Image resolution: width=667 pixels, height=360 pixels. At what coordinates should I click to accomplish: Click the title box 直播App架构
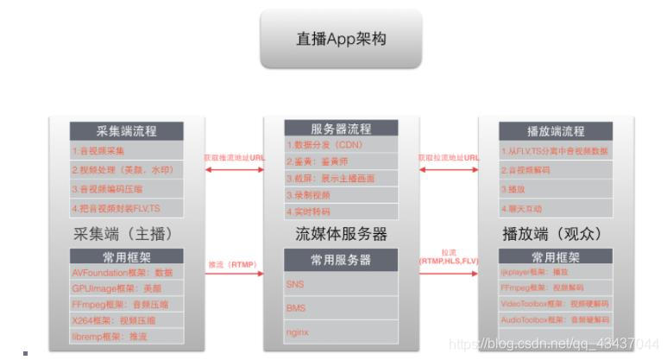(341, 39)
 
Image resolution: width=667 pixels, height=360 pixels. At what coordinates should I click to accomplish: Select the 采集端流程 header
(126, 131)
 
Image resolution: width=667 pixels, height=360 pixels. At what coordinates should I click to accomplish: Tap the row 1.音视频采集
(126, 150)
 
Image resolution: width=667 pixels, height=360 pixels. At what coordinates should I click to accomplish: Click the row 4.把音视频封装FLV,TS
(126, 208)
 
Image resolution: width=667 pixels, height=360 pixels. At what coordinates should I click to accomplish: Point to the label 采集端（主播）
(127, 233)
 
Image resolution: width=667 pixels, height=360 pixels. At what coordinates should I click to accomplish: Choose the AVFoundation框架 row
(126, 272)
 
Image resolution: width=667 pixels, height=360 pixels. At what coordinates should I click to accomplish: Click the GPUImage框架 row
(126, 288)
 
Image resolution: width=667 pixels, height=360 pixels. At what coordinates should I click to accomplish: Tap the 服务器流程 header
(341, 129)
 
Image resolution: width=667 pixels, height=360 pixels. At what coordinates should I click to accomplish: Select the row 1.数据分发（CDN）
(341, 144)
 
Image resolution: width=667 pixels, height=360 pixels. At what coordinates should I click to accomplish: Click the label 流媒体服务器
(341, 234)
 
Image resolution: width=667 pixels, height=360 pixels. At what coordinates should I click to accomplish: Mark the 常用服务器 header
(341, 259)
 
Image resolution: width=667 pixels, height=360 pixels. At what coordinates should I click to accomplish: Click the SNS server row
(341, 283)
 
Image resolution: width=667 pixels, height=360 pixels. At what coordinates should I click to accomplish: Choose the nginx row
(341, 331)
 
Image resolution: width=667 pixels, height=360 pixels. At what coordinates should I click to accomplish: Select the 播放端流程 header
(556, 131)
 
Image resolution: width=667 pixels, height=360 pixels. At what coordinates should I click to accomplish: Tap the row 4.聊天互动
(556, 208)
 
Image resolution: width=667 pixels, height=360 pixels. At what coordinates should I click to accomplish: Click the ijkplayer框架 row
(556, 271)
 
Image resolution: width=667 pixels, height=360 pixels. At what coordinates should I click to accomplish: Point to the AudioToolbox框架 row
(556, 319)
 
